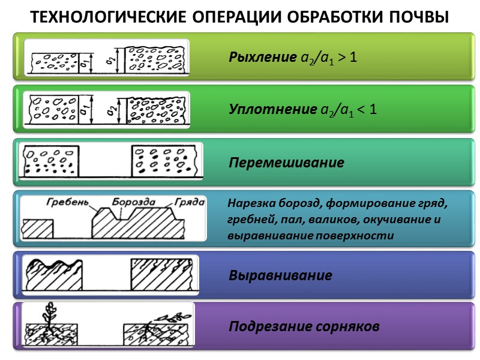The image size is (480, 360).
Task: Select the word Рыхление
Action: [262, 58]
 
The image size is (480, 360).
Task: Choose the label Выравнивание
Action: [280, 276]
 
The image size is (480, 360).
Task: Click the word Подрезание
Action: [269, 327]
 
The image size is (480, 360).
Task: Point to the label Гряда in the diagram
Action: [190, 202]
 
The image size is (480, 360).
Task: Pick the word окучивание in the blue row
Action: [400, 219]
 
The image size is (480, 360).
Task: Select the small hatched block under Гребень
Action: [37, 229]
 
